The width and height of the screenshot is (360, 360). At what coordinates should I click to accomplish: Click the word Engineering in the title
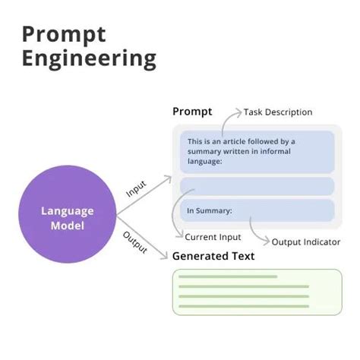[89, 59]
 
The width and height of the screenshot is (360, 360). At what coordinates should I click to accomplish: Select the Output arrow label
[134, 242]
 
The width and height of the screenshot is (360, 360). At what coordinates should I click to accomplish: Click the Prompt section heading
[193, 112]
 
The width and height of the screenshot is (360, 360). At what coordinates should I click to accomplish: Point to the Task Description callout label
[278, 112]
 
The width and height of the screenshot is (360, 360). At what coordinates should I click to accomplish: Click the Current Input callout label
[213, 237]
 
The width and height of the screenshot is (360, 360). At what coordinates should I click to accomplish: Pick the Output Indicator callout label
[307, 242]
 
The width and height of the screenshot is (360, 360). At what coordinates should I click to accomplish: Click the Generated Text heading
[213, 256]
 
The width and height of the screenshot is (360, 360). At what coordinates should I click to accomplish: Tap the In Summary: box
[257, 210]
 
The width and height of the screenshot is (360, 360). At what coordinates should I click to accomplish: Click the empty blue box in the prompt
[257, 186]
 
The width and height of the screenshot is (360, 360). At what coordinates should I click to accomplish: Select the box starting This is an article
[257, 151]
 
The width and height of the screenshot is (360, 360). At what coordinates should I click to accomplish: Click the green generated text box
[257, 291]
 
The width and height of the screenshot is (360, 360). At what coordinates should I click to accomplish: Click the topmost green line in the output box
[227, 276]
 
